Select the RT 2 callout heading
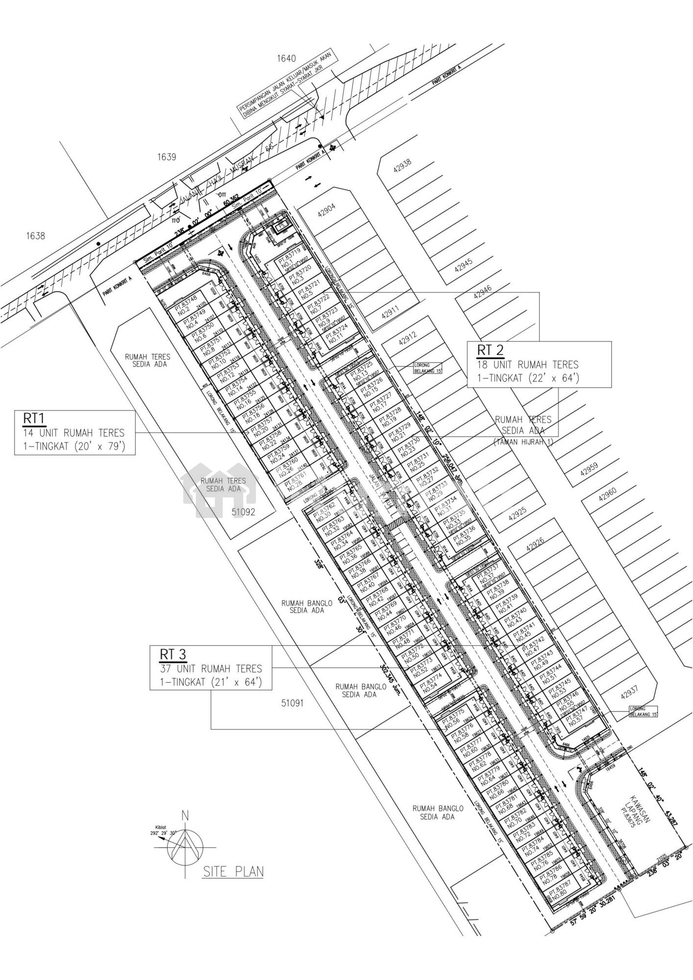pyautogui.click(x=490, y=350)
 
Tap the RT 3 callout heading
pyautogui.click(x=172, y=654)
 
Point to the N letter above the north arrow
pyautogui.click(x=185, y=816)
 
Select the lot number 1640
pyautogui.click(x=287, y=59)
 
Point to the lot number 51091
pyautogui.click(x=293, y=703)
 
